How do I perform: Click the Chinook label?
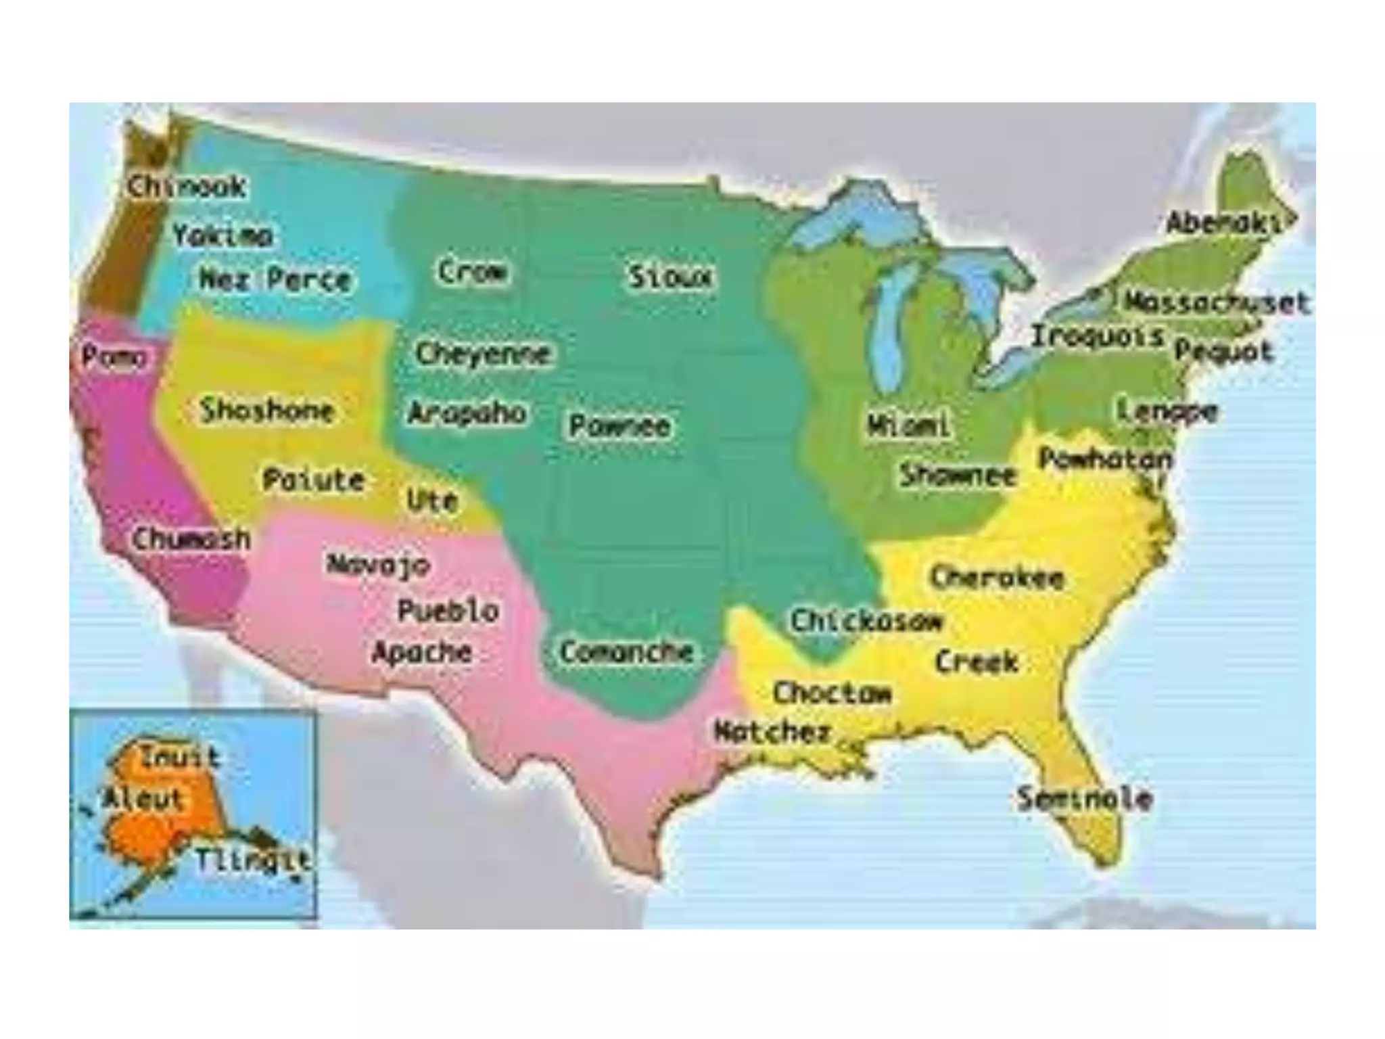pyautogui.click(x=187, y=186)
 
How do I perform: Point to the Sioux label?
pyautogui.click(x=670, y=277)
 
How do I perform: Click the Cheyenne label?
pyautogui.click(x=483, y=353)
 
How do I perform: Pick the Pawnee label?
pyautogui.click(x=619, y=425)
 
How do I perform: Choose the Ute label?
pyautogui.click(x=432, y=501)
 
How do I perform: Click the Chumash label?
pyautogui.click(x=191, y=539)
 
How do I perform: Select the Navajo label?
pyautogui.click(x=378, y=564)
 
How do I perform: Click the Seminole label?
pyautogui.click(x=1085, y=799)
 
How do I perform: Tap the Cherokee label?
pyautogui.click(x=997, y=578)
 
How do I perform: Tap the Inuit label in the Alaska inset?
pyautogui.click(x=180, y=757)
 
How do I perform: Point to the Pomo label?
pyautogui.click(x=113, y=357)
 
